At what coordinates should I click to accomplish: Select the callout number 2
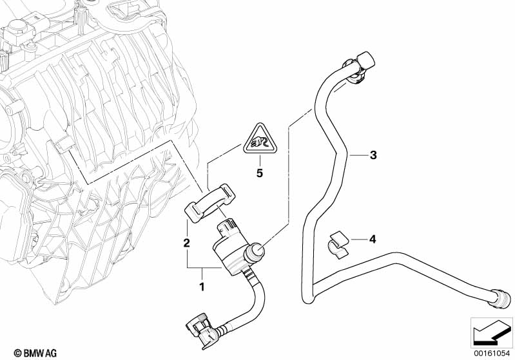click(x=186, y=243)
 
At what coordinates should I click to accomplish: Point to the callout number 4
click(x=372, y=239)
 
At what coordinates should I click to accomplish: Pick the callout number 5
click(x=260, y=173)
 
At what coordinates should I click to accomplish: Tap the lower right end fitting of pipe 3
click(x=500, y=298)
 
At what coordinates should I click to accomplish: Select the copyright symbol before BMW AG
click(x=8, y=352)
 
